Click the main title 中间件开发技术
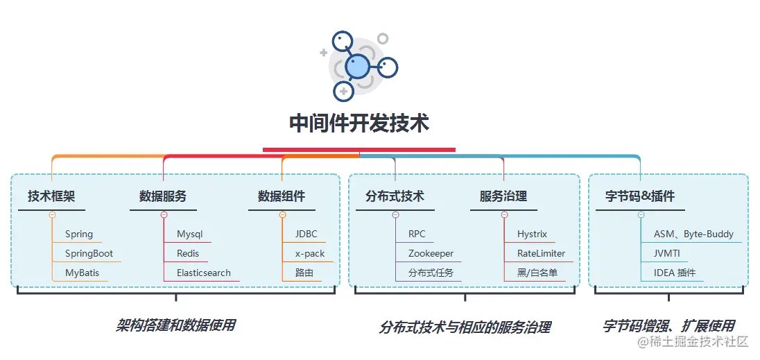359,124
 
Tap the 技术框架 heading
51,196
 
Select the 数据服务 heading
163,196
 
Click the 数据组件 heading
282,196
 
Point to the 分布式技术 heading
395,196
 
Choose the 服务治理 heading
503,196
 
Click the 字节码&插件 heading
640,196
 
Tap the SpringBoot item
89,254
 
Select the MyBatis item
82,273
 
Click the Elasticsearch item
203,273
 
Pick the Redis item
188,254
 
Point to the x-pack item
310,254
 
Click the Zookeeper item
431,254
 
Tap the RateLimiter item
541,254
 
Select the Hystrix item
532,234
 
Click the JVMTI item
668,254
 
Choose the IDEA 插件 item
675,273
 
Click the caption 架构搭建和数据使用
176,325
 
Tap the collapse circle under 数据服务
164,215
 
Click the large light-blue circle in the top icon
358,66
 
